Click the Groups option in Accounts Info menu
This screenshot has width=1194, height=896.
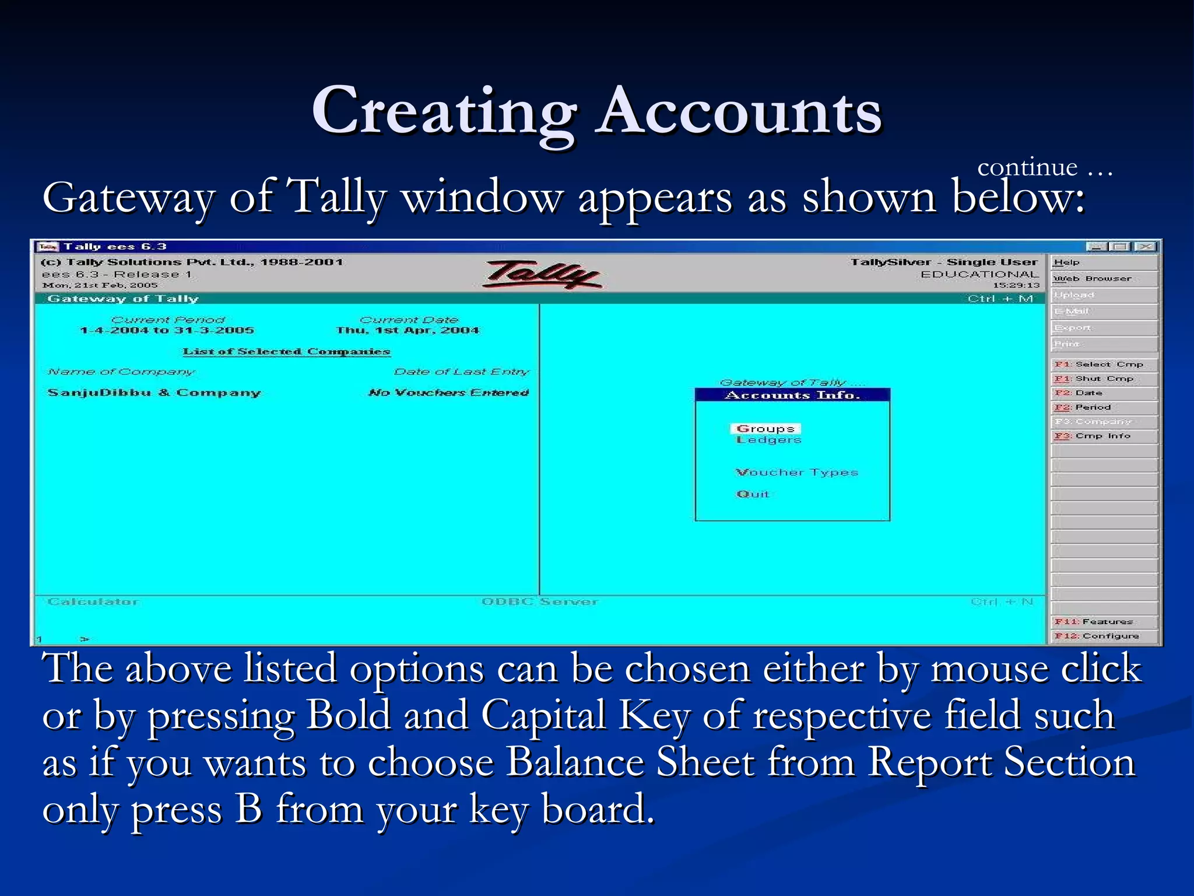(x=765, y=429)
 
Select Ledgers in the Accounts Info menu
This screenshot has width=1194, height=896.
(x=768, y=440)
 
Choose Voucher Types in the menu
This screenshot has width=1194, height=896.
(x=796, y=473)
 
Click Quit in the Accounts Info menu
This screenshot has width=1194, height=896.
(x=753, y=494)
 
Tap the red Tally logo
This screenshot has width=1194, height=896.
(x=542, y=274)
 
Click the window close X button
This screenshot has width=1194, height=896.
(x=1146, y=247)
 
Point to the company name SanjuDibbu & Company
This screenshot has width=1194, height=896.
(x=154, y=393)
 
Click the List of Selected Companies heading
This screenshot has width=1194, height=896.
(x=286, y=351)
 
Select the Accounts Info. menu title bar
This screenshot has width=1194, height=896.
(x=792, y=395)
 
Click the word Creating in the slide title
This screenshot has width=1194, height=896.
(x=444, y=111)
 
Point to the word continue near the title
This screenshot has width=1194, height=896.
(x=1027, y=168)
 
